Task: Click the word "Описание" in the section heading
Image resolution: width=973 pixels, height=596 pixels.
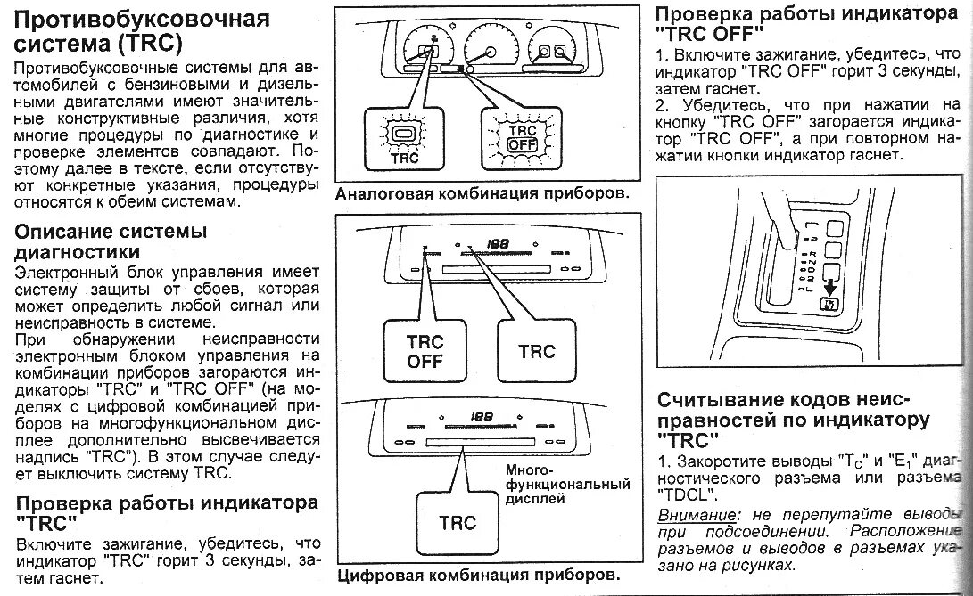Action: [66, 231]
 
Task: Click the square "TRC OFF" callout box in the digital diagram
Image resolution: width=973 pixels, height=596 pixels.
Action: [425, 352]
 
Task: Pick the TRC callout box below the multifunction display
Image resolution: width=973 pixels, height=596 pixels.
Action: [457, 523]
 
